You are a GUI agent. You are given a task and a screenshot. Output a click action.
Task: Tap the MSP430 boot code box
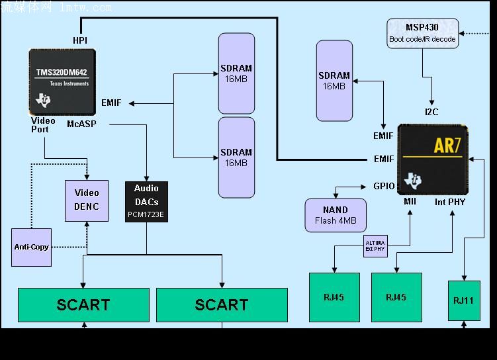(422, 33)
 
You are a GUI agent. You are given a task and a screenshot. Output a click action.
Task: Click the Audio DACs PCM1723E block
(146, 201)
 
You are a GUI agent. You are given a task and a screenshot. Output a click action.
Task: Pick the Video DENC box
(86, 200)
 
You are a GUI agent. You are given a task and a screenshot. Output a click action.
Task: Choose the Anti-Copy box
(31, 247)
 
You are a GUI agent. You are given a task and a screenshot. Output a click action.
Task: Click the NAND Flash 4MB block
(336, 215)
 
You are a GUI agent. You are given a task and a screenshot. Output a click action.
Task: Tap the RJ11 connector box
(463, 300)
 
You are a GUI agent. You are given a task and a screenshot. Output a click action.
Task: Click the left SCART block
(83, 304)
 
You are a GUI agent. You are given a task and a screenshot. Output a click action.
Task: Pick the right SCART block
(222, 304)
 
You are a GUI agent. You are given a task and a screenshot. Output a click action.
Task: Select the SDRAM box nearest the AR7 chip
(334, 81)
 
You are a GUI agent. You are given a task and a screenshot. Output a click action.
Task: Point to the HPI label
(80, 40)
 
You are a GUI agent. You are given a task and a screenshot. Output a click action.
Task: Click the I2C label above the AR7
(431, 112)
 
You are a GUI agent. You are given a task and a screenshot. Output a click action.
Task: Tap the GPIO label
(384, 187)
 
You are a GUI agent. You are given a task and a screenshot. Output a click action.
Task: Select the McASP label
(81, 123)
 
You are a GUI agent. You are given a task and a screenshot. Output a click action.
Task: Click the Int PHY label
(450, 201)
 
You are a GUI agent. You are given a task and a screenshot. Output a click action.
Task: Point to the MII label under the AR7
(410, 201)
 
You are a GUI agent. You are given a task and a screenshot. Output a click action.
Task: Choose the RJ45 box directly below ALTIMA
(334, 297)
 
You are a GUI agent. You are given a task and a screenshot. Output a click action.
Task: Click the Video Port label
(44, 125)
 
